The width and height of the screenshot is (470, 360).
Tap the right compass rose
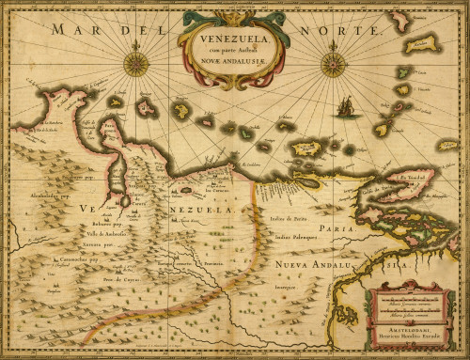[333, 64]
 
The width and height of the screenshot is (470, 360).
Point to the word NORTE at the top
[344, 30]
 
